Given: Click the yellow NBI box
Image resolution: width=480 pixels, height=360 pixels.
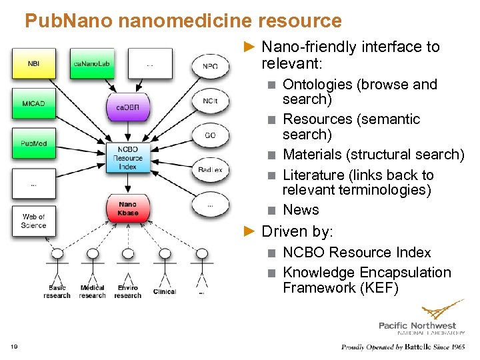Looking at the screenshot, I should (x=33, y=64).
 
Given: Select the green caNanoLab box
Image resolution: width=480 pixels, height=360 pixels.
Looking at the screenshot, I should (x=91, y=64).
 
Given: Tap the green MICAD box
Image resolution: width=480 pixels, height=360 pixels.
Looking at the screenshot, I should (x=33, y=103).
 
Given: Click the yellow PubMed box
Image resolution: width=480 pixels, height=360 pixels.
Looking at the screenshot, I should (x=33, y=143).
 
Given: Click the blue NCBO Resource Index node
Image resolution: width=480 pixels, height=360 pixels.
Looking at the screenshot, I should (x=127, y=158).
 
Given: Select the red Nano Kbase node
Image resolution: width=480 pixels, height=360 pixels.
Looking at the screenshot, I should (x=127, y=209).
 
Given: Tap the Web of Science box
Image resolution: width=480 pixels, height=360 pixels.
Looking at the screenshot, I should (x=33, y=221).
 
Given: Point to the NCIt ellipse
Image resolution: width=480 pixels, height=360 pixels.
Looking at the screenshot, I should (x=210, y=101).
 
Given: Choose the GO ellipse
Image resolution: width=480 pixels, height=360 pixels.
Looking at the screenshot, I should (x=210, y=135).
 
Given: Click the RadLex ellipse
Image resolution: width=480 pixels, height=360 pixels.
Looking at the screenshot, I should (x=210, y=170).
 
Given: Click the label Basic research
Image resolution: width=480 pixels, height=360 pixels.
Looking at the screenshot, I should (x=57, y=292).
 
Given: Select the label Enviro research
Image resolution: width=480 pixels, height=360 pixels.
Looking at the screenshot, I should (x=128, y=292).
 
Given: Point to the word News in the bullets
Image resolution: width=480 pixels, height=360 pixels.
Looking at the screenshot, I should (x=301, y=210).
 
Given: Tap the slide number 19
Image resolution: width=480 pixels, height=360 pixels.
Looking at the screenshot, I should (x=15, y=346).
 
